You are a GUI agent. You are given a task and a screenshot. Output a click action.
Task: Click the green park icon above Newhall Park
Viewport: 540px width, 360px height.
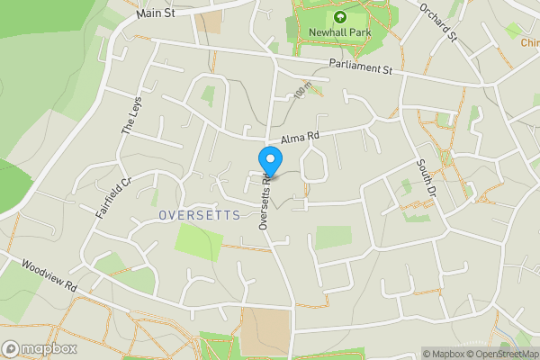coord(340,16)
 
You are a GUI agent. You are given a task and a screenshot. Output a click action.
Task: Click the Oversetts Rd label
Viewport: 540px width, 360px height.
coord(265,202)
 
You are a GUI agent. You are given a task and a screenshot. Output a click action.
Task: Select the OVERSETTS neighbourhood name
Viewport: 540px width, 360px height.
coord(199,215)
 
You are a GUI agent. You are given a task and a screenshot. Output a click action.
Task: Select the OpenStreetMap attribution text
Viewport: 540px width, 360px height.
coord(499,354)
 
